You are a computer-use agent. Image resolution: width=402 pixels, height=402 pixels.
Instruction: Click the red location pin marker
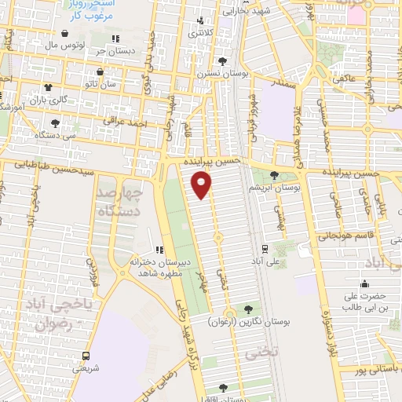(x=202, y=185)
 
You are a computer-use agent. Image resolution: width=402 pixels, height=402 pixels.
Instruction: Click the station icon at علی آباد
(x=264, y=248)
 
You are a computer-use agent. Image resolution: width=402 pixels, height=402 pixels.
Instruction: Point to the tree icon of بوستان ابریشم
(x=274, y=176)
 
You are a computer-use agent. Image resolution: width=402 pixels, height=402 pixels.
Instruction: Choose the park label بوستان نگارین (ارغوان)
(x=249, y=321)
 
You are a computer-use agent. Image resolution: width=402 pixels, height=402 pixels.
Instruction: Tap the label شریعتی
(x=86, y=367)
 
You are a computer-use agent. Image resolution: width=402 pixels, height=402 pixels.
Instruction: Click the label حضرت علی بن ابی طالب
(x=365, y=302)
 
